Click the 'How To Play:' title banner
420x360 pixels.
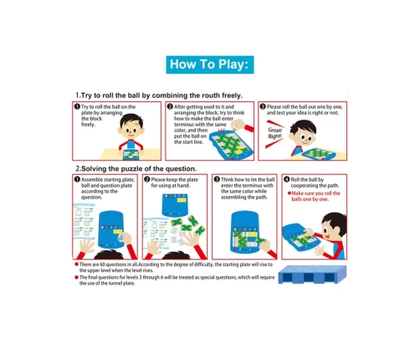click(x=210, y=64)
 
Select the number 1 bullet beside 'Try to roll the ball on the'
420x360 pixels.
click(x=77, y=106)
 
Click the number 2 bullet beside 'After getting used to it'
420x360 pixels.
click(x=170, y=106)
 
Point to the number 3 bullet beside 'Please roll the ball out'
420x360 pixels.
click(x=263, y=106)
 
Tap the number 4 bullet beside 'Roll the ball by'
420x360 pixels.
click(x=286, y=179)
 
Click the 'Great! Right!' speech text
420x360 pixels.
click(x=275, y=133)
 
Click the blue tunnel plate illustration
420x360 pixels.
click(x=312, y=275)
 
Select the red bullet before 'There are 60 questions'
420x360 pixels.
click(x=76, y=265)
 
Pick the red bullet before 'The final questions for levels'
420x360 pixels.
click(x=76, y=277)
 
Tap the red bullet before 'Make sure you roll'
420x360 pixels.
click(x=289, y=193)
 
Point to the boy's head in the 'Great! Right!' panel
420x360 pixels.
click(x=303, y=133)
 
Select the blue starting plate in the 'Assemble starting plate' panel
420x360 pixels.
click(x=111, y=229)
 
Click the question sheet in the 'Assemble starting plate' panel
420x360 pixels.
click(x=84, y=221)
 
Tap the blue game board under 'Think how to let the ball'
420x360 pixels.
click(x=244, y=232)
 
